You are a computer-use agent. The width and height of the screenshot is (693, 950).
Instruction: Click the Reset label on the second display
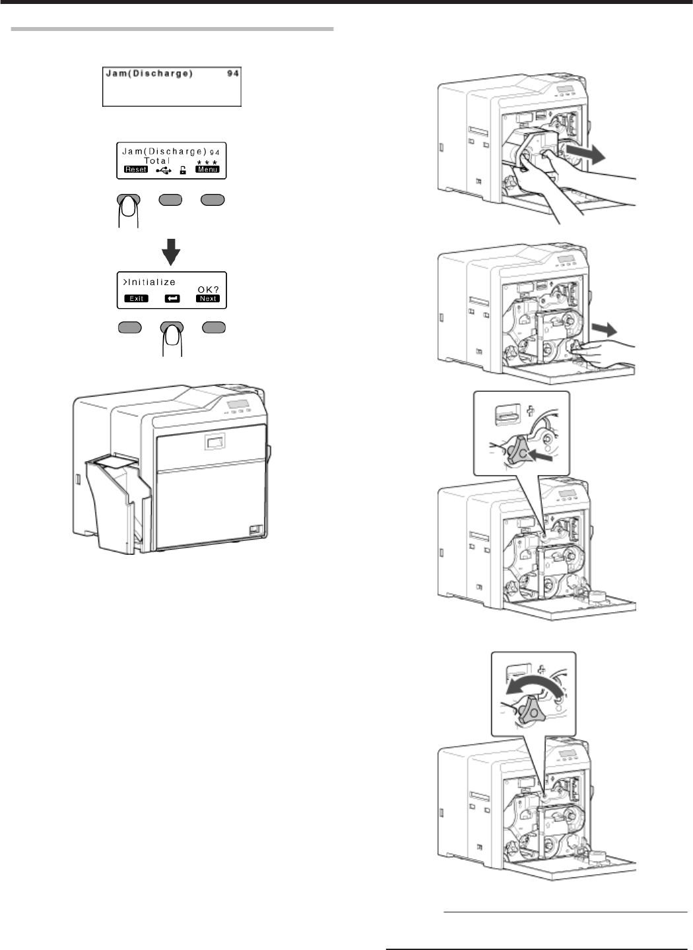(x=136, y=170)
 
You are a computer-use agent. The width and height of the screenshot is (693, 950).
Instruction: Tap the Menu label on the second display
(x=207, y=170)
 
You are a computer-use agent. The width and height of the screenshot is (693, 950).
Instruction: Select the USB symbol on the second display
(x=164, y=170)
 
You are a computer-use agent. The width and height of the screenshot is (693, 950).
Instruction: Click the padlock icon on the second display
(x=183, y=170)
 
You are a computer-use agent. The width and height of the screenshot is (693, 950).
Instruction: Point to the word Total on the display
(x=156, y=160)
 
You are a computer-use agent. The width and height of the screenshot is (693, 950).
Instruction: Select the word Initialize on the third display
(x=150, y=282)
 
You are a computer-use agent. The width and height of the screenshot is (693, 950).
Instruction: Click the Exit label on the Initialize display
(x=136, y=298)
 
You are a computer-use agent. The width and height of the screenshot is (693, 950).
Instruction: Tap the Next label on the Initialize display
(x=207, y=298)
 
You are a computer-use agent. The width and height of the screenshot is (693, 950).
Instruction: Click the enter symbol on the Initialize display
(x=172, y=298)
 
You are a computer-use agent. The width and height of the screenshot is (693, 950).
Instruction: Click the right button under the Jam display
(x=213, y=199)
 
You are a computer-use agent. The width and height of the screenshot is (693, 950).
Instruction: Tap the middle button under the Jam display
(x=171, y=199)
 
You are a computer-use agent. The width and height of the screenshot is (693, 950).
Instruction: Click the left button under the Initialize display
(x=129, y=327)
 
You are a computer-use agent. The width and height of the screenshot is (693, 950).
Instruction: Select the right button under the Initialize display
(x=213, y=327)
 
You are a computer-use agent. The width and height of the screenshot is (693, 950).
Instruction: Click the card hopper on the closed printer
(x=115, y=501)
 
